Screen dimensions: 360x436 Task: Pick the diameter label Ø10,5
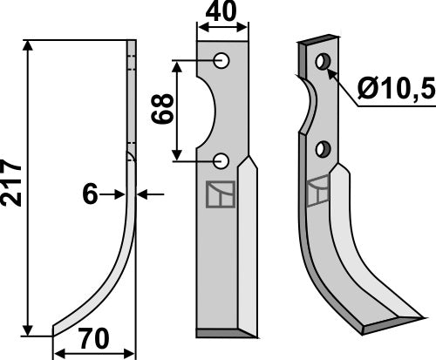[393, 88]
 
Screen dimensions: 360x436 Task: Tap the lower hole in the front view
[221, 160]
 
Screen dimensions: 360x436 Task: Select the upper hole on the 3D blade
[324, 61]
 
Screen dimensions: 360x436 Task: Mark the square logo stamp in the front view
[219, 194]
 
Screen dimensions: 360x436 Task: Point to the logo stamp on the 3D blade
[319, 188]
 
